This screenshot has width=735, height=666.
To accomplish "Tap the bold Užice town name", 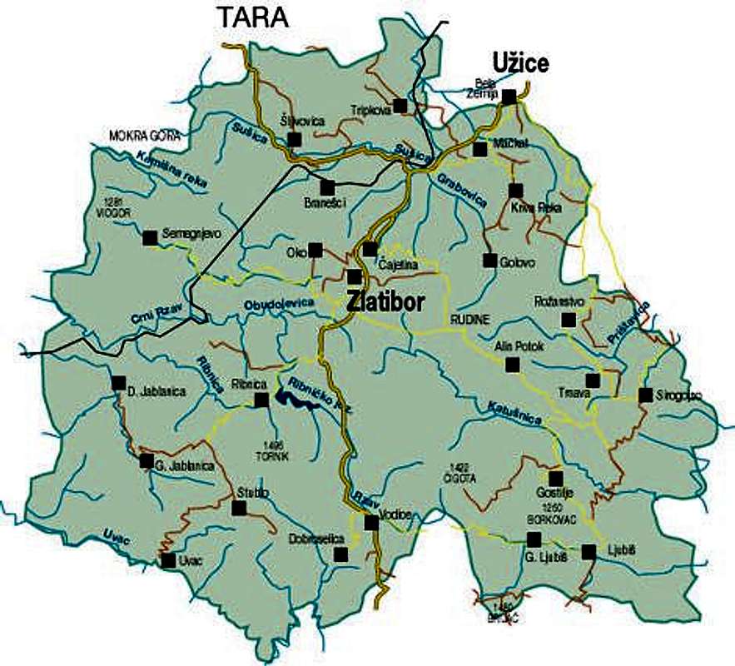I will click(521, 63).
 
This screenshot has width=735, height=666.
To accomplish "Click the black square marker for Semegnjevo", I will click(150, 238).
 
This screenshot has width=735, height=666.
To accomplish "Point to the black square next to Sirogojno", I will click(645, 395).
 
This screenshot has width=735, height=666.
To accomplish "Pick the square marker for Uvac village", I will click(169, 560).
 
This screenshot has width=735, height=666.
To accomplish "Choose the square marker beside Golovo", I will click(490, 261).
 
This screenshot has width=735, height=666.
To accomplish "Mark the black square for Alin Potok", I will click(513, 364).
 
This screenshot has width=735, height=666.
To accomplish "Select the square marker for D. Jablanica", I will click(118, 383).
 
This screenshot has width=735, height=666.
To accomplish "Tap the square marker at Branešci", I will click(327, 187).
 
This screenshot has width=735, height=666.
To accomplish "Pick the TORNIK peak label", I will click(276, 456).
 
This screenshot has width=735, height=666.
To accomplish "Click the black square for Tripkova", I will click(400, 105).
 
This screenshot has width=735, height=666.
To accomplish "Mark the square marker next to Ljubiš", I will click(589, 551).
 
